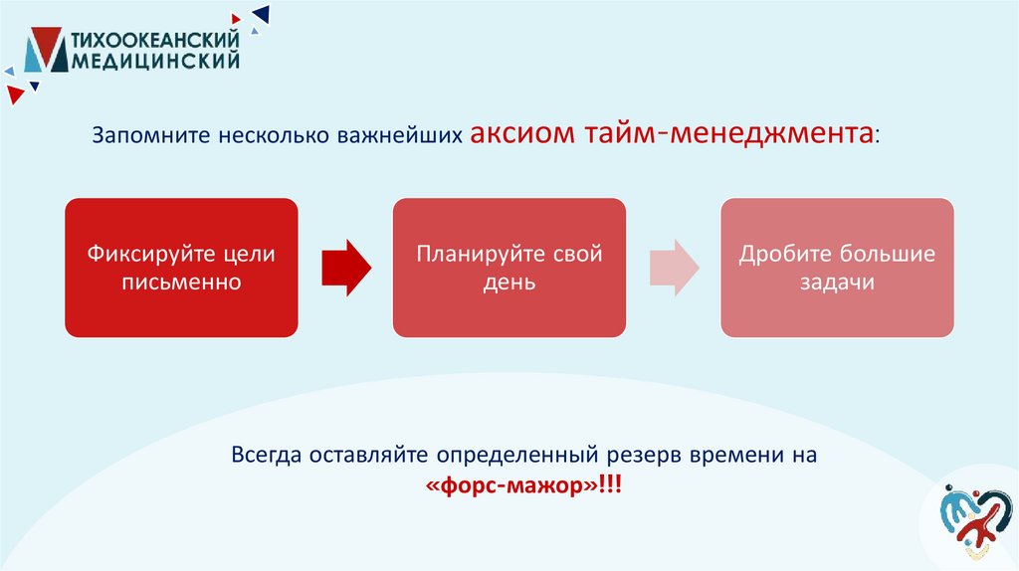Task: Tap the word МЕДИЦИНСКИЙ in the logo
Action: (156, 62)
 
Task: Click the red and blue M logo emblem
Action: (46, 50)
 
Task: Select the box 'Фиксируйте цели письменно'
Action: (181, 267)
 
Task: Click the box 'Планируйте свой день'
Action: (509, 267)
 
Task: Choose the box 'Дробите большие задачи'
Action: (837, 267)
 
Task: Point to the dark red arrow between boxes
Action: (345, 267)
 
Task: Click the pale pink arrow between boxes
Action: (674, 267)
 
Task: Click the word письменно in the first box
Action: (181, 282)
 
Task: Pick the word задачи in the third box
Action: (837, 282)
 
